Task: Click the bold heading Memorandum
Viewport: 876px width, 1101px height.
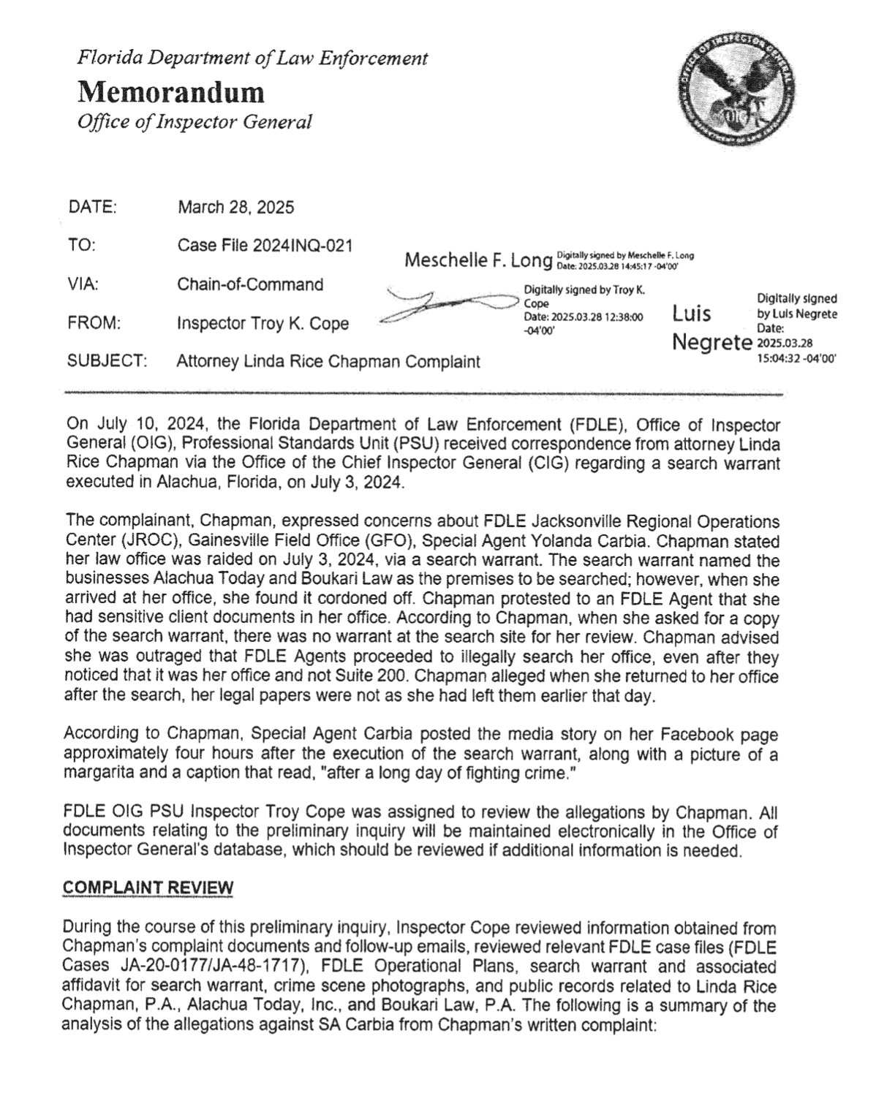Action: [x=171, y=92]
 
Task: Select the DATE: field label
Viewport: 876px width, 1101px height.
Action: [x=92, y=207]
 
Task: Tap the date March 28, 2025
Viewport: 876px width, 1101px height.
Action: [x=235, y=208]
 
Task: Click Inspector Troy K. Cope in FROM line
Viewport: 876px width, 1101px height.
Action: [x=263, y=323]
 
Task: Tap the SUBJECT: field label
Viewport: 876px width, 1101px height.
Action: [x=107, y=361]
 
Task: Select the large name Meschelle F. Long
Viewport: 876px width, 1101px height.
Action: [x=477, y=260]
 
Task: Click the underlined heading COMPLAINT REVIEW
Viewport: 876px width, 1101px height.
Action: [x=148, y=888]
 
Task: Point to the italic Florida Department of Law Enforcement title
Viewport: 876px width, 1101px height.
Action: [x=252, y=58]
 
